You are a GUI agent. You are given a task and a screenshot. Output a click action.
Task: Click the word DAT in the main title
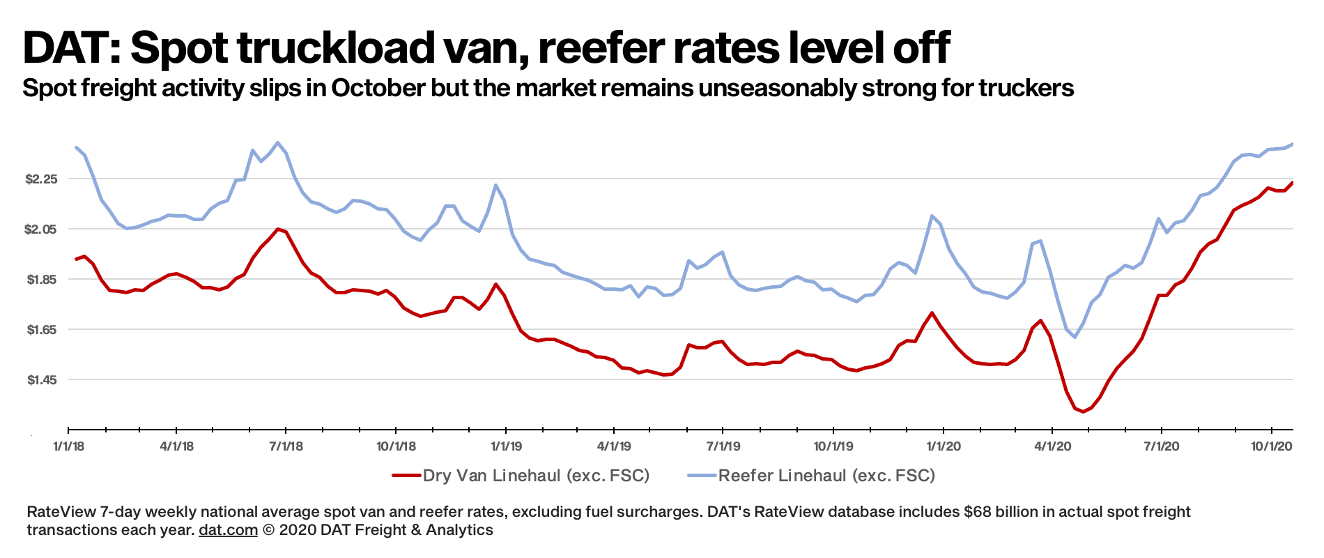[x=66, y=47]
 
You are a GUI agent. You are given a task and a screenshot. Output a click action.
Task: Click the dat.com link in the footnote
[x=228, y=530]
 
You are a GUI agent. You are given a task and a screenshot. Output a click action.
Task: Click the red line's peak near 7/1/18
[x=278, y=229]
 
